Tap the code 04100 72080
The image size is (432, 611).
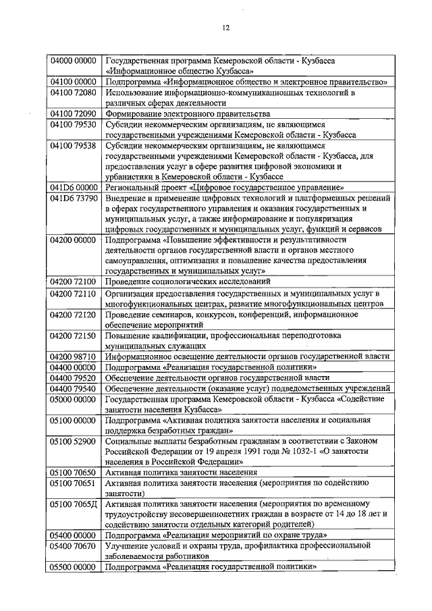coord(74,92)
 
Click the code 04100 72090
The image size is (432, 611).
coord(74,114)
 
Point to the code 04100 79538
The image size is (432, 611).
coord(74,145)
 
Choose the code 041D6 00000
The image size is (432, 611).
coord(74,188)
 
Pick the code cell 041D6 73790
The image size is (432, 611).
coord(74,198)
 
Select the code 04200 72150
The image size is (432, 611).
coord(74,336)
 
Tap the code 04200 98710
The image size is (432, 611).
coord(74,356)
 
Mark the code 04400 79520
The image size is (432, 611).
coord(74,377)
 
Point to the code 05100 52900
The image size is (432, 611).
coord(74,441)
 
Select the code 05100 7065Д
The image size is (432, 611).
coord(74,504)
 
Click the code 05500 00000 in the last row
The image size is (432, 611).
coord(74,568)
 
